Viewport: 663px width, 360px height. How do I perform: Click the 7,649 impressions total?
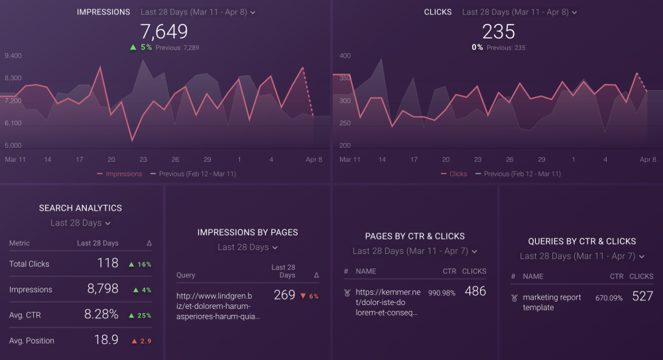[164, 31]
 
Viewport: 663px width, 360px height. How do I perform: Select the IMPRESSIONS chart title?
[103, 13]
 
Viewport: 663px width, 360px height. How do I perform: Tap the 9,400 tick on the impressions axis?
[13, 56]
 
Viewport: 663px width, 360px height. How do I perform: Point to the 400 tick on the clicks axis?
[345, 56]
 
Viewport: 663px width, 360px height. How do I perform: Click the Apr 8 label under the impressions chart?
[314, 160]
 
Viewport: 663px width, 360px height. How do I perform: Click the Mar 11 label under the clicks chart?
[350, 160]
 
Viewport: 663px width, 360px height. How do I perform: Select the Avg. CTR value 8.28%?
[101, 315]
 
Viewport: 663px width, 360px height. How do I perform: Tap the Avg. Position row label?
[32, 341]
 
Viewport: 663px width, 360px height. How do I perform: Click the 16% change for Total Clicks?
[140, 265]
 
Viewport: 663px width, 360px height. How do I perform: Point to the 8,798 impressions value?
[103, 289]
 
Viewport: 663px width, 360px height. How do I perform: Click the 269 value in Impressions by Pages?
[284, 295]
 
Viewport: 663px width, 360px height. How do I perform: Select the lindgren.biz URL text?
[218, 306]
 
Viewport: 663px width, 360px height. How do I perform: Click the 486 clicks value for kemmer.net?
[475, 291]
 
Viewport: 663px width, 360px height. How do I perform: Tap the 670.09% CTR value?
[609, 298]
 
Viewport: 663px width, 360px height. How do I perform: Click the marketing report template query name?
[552, 302]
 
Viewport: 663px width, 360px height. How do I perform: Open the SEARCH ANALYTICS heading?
[80, 208]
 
